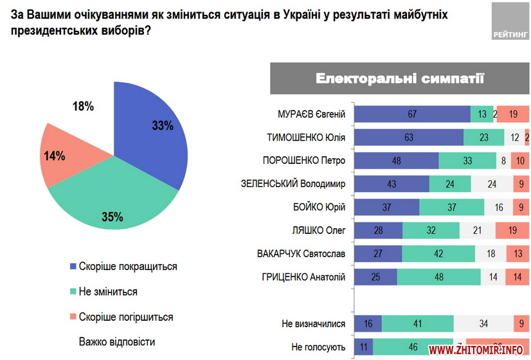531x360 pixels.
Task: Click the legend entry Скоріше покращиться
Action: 127,266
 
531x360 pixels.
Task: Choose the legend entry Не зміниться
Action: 108,291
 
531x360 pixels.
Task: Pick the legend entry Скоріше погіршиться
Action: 125,316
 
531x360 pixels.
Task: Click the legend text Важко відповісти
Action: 117,341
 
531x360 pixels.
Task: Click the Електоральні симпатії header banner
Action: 399,78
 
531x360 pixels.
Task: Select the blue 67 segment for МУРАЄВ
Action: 412,114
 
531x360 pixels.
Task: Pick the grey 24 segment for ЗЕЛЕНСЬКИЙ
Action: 491,184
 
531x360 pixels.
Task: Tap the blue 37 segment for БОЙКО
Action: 386,207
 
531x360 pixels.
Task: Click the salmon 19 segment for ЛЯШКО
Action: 512,230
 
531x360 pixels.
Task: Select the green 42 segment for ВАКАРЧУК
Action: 438,253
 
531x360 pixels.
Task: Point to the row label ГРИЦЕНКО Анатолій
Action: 305,276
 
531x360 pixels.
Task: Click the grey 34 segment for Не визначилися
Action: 483,324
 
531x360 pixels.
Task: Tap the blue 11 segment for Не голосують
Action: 364,347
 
